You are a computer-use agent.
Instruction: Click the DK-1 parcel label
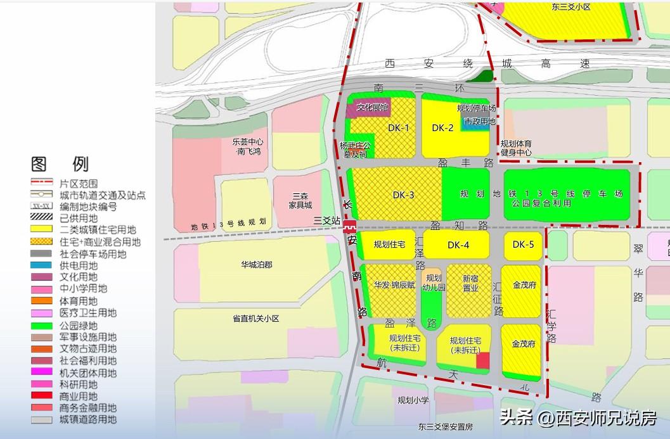399,128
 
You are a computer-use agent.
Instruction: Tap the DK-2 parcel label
442,128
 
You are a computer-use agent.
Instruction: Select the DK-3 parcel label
403,195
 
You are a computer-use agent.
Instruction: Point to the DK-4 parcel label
458,245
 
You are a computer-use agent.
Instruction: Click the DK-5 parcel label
524,245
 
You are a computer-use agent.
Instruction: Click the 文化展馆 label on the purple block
372,108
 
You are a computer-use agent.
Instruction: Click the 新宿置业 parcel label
470,283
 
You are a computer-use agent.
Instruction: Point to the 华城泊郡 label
256,265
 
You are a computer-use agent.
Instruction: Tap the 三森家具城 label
301,200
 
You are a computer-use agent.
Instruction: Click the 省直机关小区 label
256,319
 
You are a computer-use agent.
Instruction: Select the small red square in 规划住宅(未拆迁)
483,360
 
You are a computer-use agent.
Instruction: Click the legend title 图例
60,165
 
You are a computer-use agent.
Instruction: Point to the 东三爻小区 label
570,7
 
